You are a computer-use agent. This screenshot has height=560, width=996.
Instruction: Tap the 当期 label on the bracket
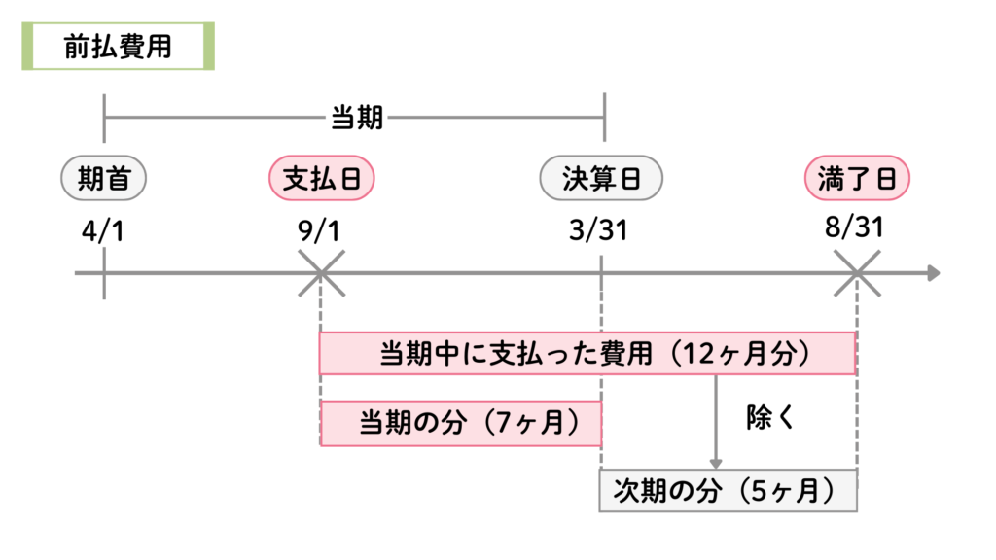point(357,120)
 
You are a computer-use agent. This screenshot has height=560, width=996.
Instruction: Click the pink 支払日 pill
point(320,178)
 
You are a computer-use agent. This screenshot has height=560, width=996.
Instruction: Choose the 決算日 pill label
point(601,178)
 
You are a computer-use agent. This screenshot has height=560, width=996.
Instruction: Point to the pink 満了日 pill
point(857,178)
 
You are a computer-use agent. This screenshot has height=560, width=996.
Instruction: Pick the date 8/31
point(857,229)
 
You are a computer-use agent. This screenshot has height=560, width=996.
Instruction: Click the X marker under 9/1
point(320,273)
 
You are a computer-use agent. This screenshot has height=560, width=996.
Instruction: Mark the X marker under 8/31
point(857,273)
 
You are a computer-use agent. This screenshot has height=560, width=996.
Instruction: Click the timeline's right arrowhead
point(933,273)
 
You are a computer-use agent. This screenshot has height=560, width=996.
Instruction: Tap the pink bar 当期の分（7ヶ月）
point(461,423)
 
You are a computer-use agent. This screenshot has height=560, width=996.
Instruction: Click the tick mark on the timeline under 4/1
point(103,273)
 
